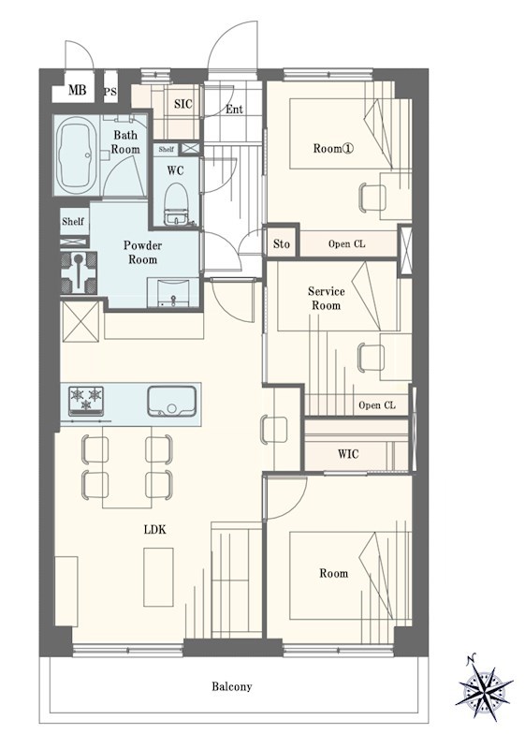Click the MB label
point(77,90)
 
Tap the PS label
point(110,92)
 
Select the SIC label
point(182,104)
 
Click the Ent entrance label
point(234,110)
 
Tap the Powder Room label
point(142,252)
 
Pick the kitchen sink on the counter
point(171,402)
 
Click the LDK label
point(154,529)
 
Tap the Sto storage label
point(282,244)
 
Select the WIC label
point(348,453)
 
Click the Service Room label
point(327,298)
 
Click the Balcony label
point(232,687)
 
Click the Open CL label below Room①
point(346,243)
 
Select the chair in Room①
point(372,198)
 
